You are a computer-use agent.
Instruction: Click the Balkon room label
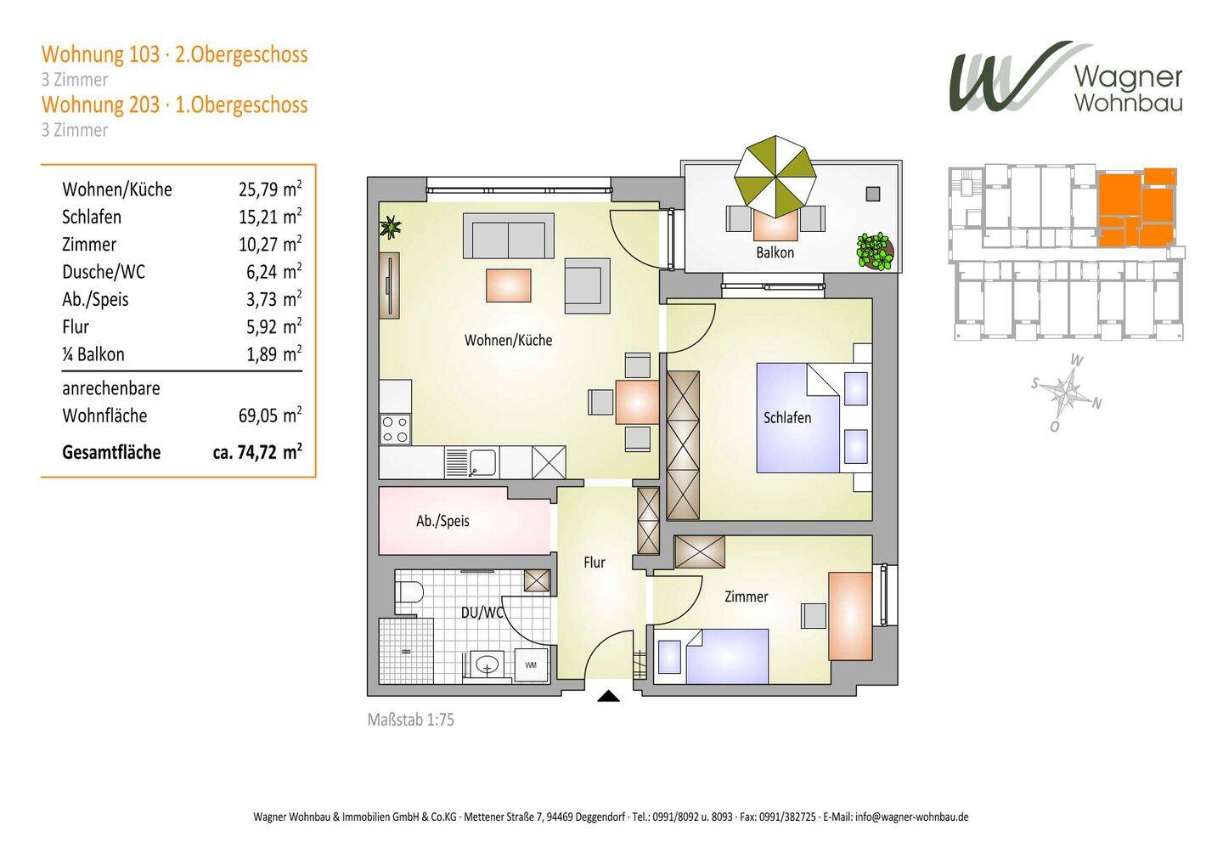point(775,253)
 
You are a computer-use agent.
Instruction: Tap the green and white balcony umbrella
point(775,177)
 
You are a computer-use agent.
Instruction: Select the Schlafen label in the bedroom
point(786,418)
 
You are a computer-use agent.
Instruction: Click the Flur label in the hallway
point(594,562)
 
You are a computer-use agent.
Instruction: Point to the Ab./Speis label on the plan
point(442,521)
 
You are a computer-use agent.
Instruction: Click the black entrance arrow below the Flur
point(608,696)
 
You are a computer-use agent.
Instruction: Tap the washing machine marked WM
point(531,665)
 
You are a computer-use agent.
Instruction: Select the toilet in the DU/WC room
point(409,592)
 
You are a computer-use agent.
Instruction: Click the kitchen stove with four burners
point(395,429)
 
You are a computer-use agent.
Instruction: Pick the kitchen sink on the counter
point(471,462)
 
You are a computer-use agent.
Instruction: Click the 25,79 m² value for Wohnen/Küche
point(270,189)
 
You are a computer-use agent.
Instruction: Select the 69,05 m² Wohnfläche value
point(270,416)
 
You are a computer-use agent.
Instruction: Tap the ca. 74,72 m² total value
point(257,452)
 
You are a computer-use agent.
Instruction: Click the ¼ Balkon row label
point(93,354)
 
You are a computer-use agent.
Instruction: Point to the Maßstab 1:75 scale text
point(410,720)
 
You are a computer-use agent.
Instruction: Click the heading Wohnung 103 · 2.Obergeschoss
point(175,54)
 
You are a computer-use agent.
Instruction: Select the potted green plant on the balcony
point(875,252)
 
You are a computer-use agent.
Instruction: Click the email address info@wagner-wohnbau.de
point(912,817)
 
